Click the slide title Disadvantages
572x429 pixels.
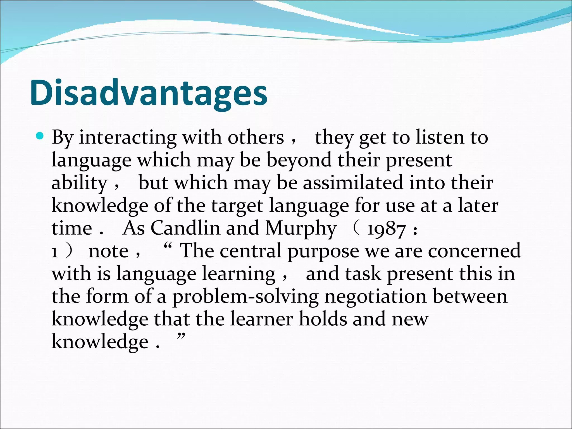point(149,93)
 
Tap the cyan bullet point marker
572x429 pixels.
point(40,137)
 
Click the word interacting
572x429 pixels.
point(128,138)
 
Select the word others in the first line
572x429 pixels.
point(256,138)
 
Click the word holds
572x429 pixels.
point(323,319)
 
